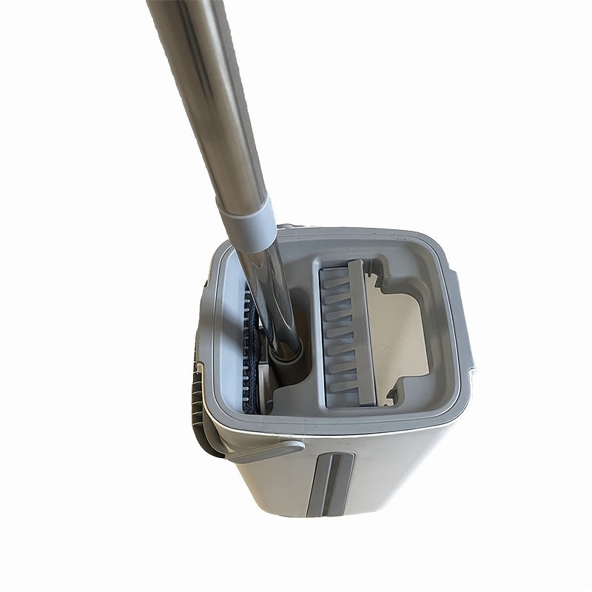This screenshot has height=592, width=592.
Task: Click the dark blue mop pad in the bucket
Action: (x=253, y=348)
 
